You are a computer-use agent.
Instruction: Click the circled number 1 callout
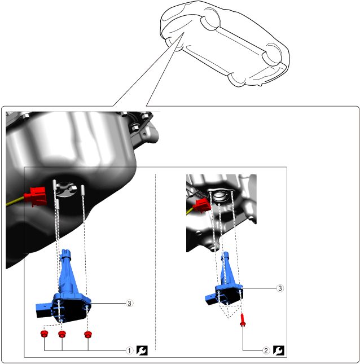tap(130, 350)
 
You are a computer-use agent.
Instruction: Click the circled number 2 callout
tap(266, 350)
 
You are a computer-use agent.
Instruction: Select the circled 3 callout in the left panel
tap(130, 303)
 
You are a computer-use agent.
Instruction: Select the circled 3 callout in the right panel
tap(280, 288)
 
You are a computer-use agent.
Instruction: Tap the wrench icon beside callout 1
tap(142, 350)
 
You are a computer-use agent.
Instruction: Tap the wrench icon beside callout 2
tap(279, 350)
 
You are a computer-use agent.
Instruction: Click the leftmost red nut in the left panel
tap(44, 334)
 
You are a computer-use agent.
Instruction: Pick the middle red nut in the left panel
tap(62, 334)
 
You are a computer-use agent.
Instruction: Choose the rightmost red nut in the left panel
tap(88, 335)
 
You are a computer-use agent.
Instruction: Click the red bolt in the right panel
tap(243, 320)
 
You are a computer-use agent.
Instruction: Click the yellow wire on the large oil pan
tap(15, 201)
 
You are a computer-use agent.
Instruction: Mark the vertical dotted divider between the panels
tap(155, 262)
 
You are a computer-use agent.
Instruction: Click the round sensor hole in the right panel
tap(219, 196)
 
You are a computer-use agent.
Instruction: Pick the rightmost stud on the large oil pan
tap(82, 191)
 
